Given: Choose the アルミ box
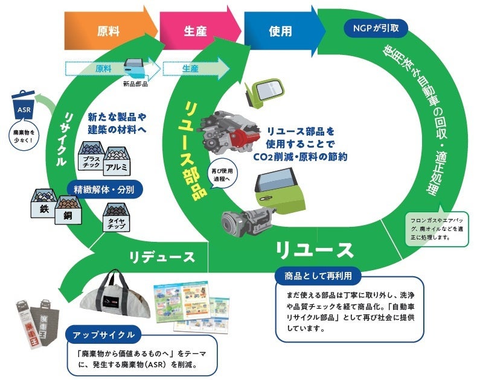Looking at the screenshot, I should [119, 160].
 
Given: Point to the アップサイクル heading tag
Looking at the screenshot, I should [103, 335].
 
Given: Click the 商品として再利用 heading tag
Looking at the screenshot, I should [318, 276].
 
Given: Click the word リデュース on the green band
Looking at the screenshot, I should [162, 257].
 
